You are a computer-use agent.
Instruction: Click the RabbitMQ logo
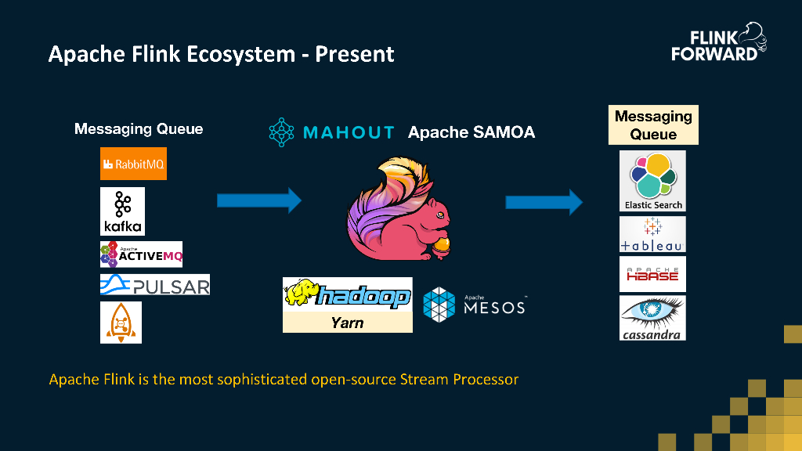[x=133, y=164]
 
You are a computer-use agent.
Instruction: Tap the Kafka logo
[x=122, y=211]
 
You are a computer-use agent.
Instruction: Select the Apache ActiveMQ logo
[x=141, y=254]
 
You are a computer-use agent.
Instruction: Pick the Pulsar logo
[x=155, y=284]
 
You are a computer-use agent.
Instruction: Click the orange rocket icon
[x=121, y=322]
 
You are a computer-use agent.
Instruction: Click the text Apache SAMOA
[x=471, y=132]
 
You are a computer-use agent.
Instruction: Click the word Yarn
[x=347, y=322]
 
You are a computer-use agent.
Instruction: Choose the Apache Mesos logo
[x=474, y=304]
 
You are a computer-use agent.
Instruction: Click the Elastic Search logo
[x=653, y=181]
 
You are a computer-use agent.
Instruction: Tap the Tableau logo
[x=652, y=235]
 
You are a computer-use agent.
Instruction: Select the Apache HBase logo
[x=652, y=274]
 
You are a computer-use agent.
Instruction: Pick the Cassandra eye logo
[x=652, y=317]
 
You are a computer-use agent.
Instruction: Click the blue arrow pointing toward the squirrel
[x=259, y=200]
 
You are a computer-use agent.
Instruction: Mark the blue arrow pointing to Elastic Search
[x=544, y=203]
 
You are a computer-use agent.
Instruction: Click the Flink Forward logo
[x=719, y=43]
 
